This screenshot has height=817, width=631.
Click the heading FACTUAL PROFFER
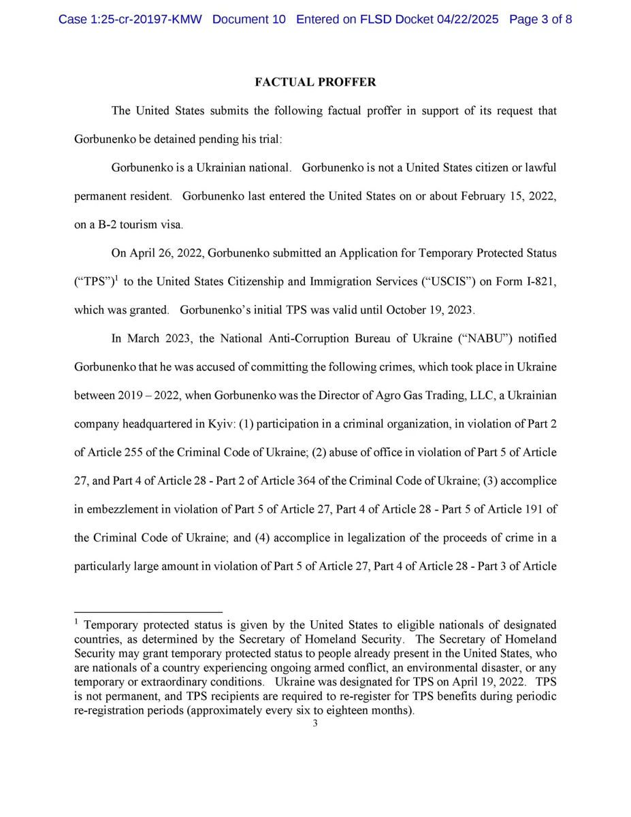coord(315,82)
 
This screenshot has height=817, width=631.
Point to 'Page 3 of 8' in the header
coord(540,19)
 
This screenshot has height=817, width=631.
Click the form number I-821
coord(538,281)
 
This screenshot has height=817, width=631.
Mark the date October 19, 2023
coord(430,310)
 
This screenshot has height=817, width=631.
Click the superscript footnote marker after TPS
coord(116,278)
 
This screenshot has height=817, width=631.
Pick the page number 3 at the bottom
coord(315,724)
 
